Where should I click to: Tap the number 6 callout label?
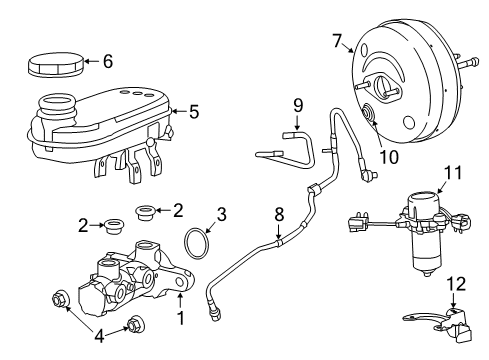coord(108,61)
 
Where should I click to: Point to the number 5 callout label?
coord(194,112)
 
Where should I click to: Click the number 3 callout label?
coord(222,213)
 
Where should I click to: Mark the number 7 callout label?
coord(336,41)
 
